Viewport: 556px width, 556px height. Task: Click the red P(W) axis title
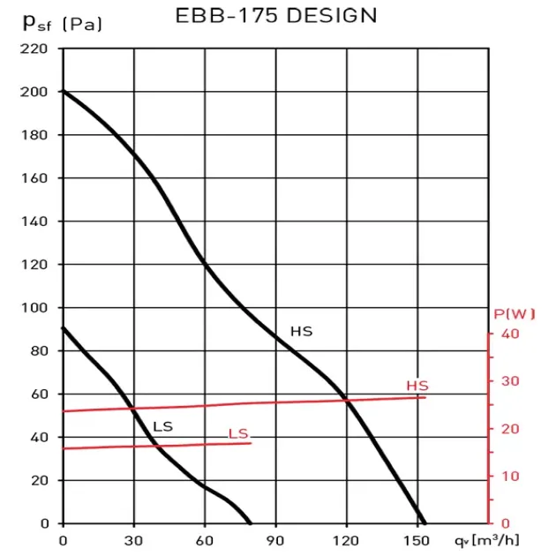(515, 314)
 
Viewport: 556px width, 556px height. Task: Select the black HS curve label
(302, 332)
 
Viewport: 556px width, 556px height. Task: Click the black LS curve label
(162, 427)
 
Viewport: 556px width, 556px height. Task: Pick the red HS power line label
(417, 386)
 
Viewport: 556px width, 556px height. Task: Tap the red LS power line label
(238, 433)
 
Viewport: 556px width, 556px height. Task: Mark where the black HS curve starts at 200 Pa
(64, 92)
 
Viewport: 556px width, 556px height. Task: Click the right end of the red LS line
(252, 442)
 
